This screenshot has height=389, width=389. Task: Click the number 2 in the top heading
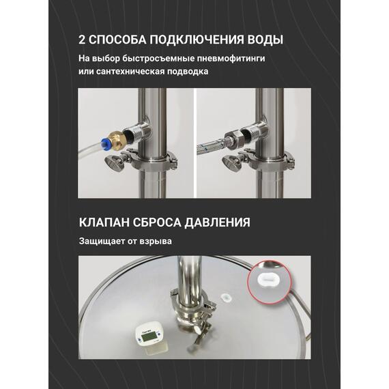point(83,39)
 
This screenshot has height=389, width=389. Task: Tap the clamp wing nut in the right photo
point(231,162)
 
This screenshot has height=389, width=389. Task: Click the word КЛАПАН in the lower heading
point(107,222)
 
